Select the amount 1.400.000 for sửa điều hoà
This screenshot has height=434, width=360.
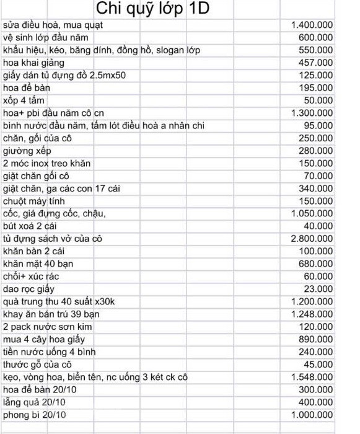(312, 25)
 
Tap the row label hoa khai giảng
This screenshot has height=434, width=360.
(33, 63)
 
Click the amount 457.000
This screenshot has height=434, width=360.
(316, 63)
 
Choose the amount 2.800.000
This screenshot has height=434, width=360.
(312, 239)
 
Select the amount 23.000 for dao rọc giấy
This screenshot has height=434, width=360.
(319, 289)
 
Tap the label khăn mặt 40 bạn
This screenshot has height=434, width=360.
(39, 264)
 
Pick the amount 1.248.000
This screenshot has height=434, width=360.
(312, 314)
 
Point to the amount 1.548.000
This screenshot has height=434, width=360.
(312, 377)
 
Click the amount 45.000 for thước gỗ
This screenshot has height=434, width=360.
(319, 365)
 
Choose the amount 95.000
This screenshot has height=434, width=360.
(319, 126)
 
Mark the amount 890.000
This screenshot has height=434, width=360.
(316, 339)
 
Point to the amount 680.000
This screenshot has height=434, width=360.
(316, 264)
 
